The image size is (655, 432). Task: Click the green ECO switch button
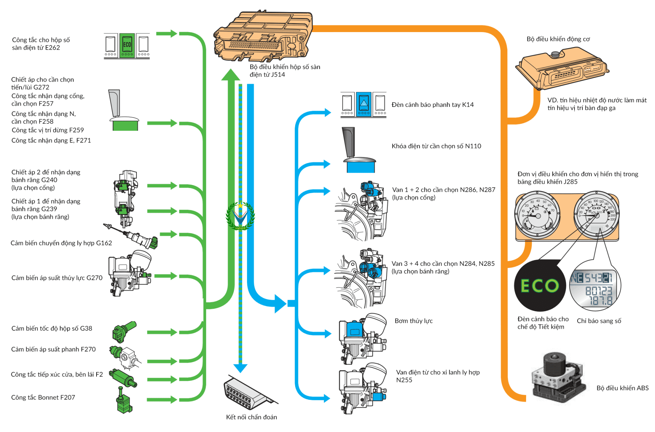coord(127,45)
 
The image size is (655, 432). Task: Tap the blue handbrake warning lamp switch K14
coord(363,104)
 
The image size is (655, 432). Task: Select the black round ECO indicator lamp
coord(540,286)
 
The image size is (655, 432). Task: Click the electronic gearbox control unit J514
coord(263,36)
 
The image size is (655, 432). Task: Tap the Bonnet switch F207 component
coord(123,401)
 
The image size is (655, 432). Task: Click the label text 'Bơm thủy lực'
coord(413,321)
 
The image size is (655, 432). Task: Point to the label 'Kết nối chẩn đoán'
coord(251,417)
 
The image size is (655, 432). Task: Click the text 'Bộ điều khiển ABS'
coord(622,388)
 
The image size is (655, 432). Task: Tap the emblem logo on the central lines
coord(240,216)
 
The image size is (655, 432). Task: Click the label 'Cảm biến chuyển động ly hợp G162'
coord(61,243)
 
